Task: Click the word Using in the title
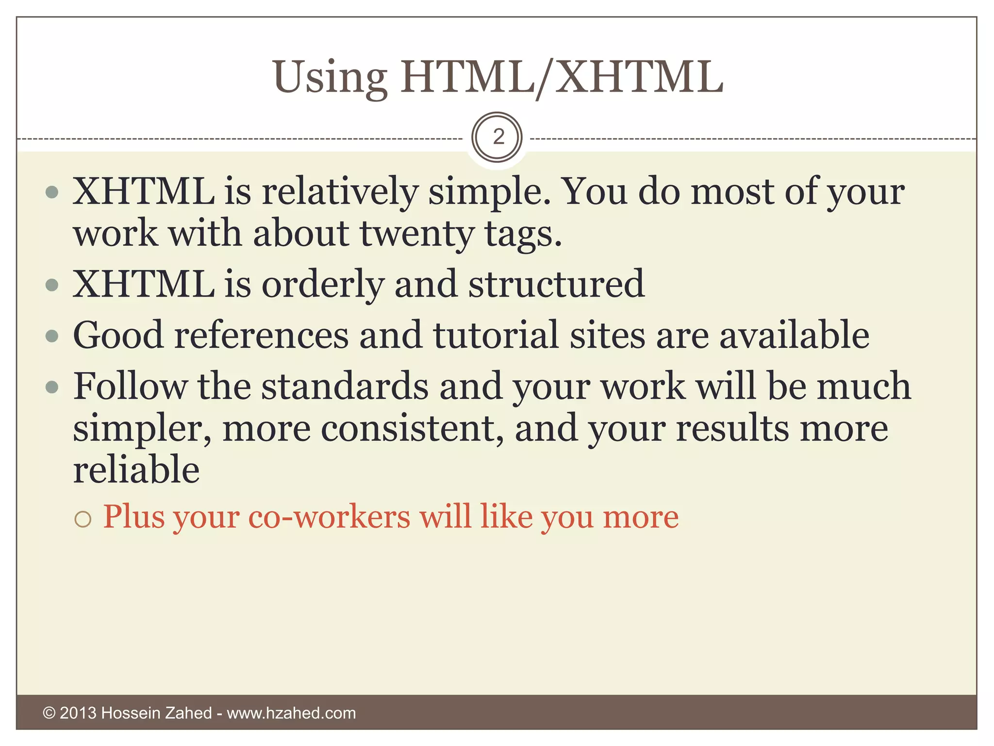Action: (330, 78)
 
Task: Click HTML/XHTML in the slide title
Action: (562, 78)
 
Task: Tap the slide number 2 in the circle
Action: (498, 137)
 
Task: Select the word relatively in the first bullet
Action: (340, 191)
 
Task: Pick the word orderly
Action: (323, 284)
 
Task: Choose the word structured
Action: (556, 284)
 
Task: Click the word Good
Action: (118, 335)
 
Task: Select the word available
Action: (794, 335)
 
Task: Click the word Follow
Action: (130, 386)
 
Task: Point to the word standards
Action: (345, 386)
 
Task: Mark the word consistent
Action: (412, 428)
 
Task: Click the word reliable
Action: (136, 470)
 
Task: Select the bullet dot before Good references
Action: (52, 336)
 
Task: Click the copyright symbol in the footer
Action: (49, 713)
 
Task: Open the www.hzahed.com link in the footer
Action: (291, 713)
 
